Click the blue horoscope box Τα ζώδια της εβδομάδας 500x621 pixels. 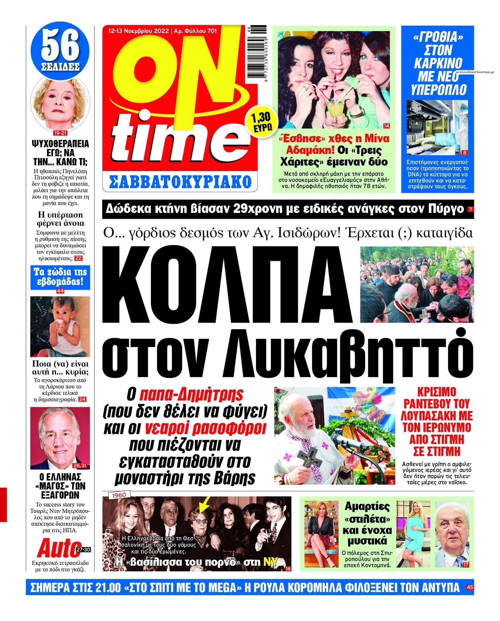(60, 277)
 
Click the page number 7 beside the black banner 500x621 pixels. (470, 209)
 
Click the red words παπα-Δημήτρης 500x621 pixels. (192, 394)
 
